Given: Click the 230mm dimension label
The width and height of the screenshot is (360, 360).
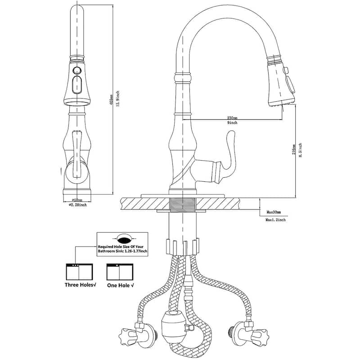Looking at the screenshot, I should click(233, 118).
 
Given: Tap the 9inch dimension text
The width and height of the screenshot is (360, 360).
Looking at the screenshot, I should click(233, 123).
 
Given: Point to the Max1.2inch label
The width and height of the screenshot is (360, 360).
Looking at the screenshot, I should click(276, 220).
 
